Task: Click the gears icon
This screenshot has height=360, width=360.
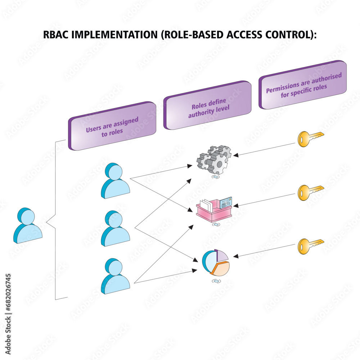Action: (x=214, y=160)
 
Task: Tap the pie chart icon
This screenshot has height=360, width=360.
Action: (x=216, y=262)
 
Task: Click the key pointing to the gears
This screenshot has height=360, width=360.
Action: (x=310, y=139)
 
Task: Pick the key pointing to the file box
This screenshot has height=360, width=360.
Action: (x=310, y=192)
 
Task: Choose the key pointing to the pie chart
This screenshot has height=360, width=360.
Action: (x=310, y=246)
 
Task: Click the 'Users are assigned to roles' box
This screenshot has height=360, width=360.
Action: (x=112, y=126)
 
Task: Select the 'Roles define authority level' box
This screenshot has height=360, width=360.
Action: (x=207, y=105)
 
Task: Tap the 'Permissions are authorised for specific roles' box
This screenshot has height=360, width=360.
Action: (x=303, y=85)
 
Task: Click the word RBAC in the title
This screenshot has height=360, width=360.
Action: (x=55, y=35)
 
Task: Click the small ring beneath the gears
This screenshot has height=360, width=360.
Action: (x=216, y=177)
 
